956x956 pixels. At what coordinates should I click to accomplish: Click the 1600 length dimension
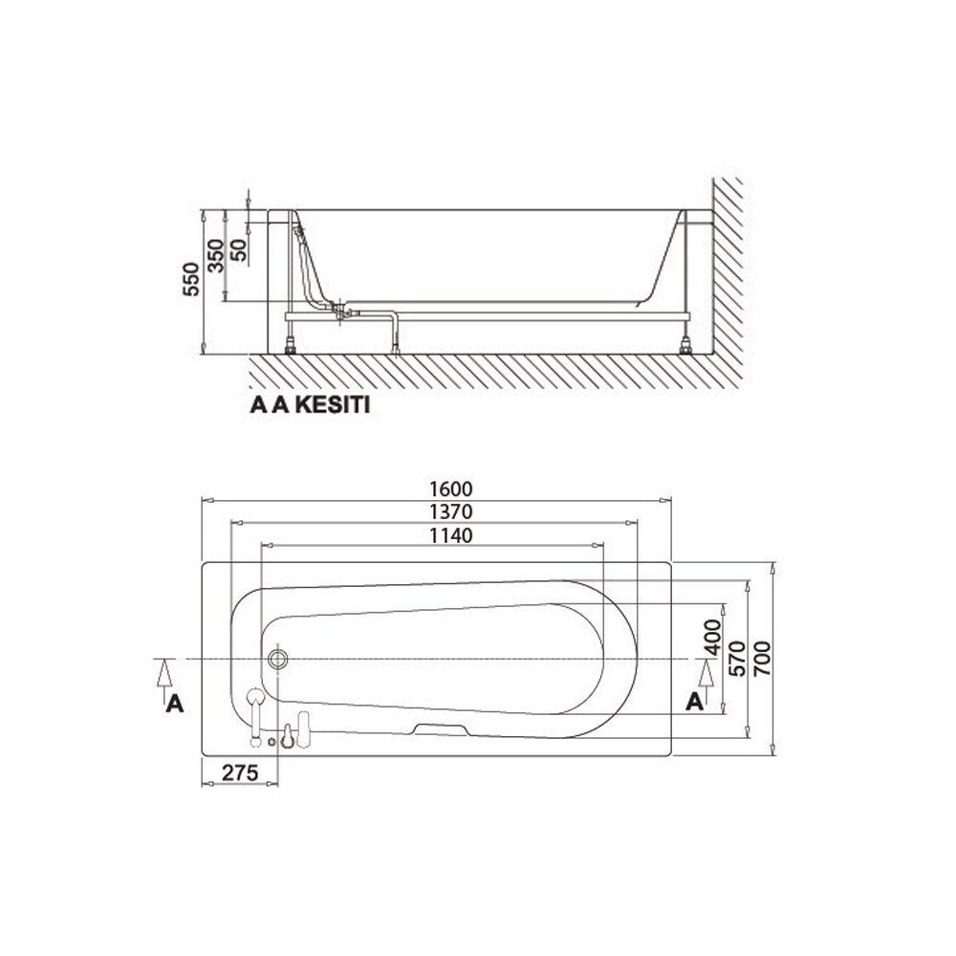(450, 489)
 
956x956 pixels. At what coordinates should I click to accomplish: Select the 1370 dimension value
(450, 512)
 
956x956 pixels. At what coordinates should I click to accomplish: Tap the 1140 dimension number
(450, 535)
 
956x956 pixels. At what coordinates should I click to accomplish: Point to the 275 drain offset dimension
(240, 772)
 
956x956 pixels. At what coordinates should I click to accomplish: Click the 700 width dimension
(763, 658)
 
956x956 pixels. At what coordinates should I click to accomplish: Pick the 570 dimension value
(737, 658)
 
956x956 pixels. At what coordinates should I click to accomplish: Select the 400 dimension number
(713, 638)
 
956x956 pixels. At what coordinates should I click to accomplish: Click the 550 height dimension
(191, 279)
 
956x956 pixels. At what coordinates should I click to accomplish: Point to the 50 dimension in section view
(240, 250)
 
